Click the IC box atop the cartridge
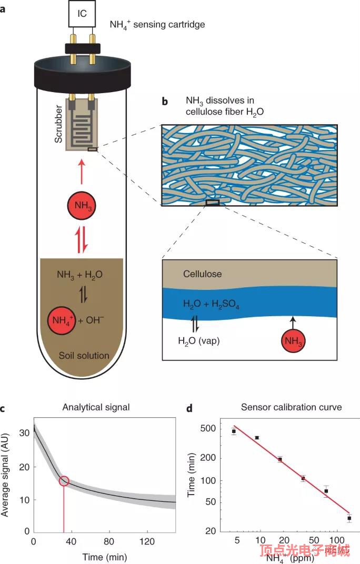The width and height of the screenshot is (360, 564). [x=82, y=14]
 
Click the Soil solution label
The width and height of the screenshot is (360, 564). [x=83, y=356]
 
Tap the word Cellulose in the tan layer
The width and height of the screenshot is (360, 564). [x=203, y=274]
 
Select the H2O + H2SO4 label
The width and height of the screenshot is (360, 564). [x=211, y=304]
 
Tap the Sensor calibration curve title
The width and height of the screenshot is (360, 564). [x=291, y=407]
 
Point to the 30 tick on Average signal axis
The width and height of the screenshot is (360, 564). [x=22, y=433]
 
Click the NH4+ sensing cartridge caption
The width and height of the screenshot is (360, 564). [x=157, y=24]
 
